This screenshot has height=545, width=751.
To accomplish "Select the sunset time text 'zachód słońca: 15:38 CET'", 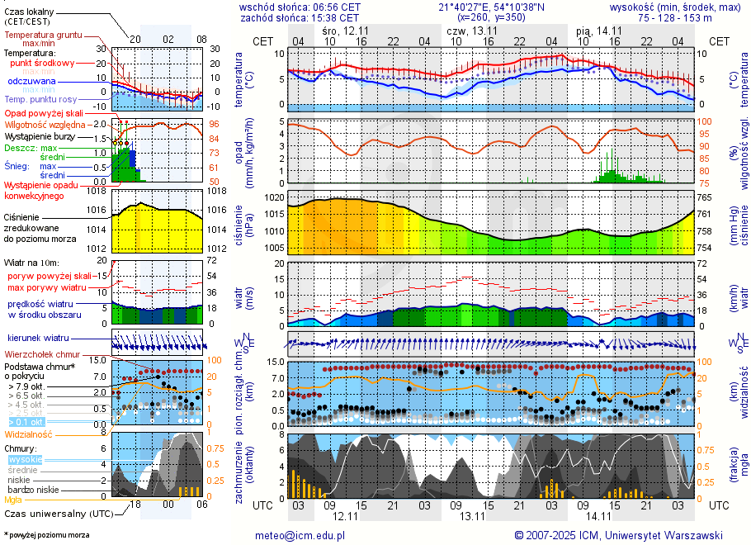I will [x=299, y=17].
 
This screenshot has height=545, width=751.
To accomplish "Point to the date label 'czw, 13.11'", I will [x=471, y=30].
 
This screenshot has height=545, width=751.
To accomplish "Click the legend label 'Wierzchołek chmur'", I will [x=46, y=353].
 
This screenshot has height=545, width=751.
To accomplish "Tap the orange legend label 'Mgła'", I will [x=13, y=500].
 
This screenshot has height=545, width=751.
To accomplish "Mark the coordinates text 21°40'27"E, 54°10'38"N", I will [x=484, y=7].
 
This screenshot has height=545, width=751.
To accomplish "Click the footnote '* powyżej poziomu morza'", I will [x=46, y=535].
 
